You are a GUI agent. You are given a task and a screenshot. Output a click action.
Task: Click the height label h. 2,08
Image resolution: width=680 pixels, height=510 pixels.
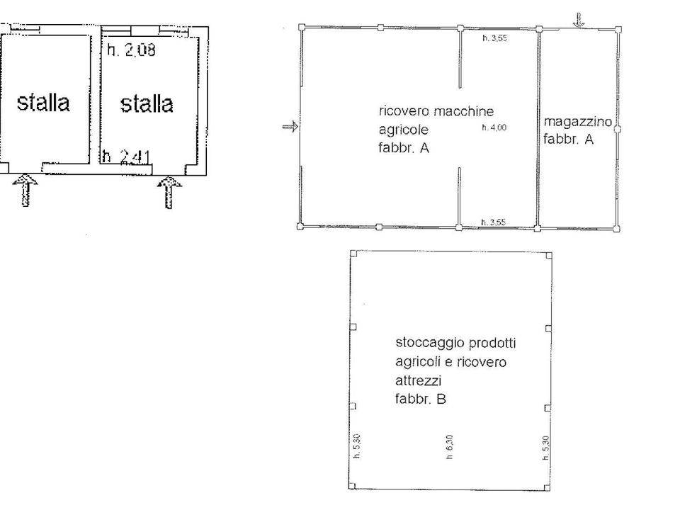(131, 50)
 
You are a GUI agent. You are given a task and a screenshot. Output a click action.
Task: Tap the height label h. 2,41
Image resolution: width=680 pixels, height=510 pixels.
(127, 156)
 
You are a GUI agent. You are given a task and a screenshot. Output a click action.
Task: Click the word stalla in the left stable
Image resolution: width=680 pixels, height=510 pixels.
(43, 102)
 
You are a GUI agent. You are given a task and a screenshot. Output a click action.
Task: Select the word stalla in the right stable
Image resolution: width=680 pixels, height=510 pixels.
(147, 103)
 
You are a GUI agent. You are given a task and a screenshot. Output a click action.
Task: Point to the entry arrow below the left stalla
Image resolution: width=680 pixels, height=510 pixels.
(25, 190)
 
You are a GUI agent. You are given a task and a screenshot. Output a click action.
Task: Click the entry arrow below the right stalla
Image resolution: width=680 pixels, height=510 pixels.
(169, 192)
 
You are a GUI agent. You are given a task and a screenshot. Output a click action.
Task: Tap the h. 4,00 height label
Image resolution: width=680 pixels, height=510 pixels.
(494, 127)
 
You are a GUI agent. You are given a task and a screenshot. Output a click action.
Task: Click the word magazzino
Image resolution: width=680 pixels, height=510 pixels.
(578, 121)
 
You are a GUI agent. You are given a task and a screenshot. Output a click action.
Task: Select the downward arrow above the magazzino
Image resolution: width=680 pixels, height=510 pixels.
(579, 20)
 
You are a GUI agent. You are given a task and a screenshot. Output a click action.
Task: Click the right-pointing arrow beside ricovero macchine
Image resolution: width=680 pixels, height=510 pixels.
(290, 127)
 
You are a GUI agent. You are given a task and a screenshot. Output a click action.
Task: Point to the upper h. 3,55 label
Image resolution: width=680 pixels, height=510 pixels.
(495, 38)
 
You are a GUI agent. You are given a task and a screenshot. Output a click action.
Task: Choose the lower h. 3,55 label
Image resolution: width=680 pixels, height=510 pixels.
(494, 222)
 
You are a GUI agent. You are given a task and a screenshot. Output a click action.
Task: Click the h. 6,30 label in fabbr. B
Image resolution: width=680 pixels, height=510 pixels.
(450, 447)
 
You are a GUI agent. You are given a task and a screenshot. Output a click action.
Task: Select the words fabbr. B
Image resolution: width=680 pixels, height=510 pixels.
(420, 399)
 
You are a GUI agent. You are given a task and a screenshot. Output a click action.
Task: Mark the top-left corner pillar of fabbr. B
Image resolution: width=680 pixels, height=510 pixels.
(353, 254)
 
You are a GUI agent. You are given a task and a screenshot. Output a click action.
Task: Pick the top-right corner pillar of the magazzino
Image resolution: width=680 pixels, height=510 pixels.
(618, 30)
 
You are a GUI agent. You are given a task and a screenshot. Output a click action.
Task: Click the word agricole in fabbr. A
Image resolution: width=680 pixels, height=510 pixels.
(404, 130)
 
